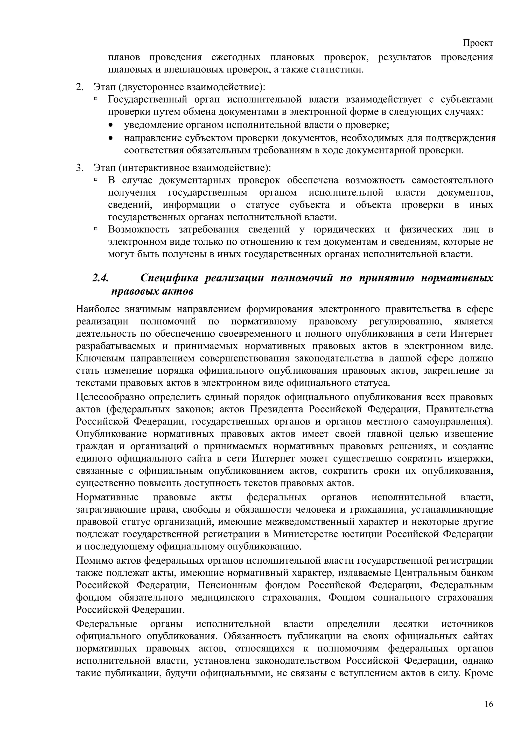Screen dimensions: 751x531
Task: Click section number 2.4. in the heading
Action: coord(100,278)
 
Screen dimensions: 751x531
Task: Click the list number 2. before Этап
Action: coord(80,87)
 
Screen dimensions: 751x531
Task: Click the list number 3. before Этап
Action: coord(80,168)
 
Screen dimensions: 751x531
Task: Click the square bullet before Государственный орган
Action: coord(96,98)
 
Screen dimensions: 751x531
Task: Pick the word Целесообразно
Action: coord(110,397)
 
